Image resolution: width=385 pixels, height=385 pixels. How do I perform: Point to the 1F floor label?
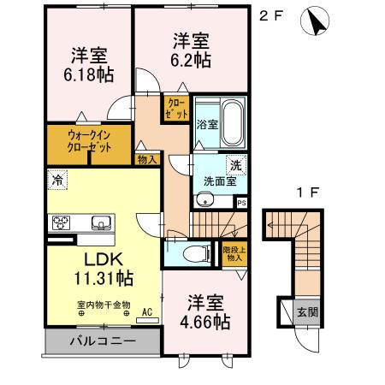[305, 193]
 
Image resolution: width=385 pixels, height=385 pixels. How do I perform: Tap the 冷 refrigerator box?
[56, 181]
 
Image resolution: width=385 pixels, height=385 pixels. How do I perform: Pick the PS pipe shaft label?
[241, 203]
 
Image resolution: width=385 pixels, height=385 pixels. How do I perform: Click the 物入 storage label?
[146, 159]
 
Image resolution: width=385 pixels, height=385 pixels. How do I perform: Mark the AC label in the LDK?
[146, 313]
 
